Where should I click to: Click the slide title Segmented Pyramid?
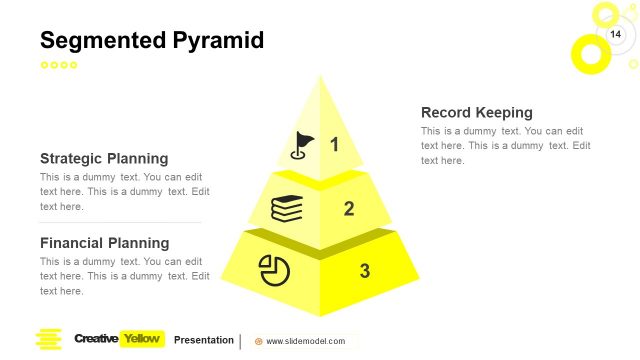pyautogui.click(x=152, y=41)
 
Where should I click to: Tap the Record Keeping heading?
pyautogui.click(x=476, y=112)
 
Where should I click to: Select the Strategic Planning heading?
pyautogui.click(x=104, y=158)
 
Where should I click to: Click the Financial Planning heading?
pyautogui.click(x=104, y=243)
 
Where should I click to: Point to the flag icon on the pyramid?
pyautogui.click(x=301, y=146)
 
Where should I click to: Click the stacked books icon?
pyautogui.click(x=288, y=209)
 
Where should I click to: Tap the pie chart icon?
pyautogui.click(x=274, y=270)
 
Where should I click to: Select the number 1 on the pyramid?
pyautogui.click(x=334, y=145)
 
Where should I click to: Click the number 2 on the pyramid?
pyautogui.click(x=349, y=209)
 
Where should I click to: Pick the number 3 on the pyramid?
pyautogui.click(x=364, y=270)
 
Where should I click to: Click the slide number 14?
pyautogui.click(x=615, y=36)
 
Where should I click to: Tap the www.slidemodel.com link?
pyautogui.click(x=305, y=341)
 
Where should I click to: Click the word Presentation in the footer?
pyautogui.click(x=204, y=340)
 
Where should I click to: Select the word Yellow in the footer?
pyautogui.click(x=141, y=339)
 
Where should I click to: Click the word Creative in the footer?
pyautogui.click(x=96, y=339)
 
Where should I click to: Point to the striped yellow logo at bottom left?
pyautogui.click(x=48, y=339)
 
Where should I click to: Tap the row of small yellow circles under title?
pyautogui.click(x=58, y=65)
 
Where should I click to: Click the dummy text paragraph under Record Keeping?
pyautogui.click(x=505, y=146)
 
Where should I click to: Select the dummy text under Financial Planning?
pyautogui.click(x=124, y=276)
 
